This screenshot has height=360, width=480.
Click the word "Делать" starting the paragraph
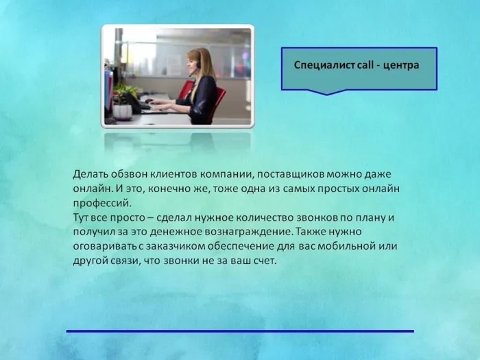pos(91,175)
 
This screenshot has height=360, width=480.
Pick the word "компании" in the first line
pos(211,175)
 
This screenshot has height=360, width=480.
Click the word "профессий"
pos(100,204)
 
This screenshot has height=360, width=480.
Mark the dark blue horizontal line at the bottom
pos(240,331)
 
